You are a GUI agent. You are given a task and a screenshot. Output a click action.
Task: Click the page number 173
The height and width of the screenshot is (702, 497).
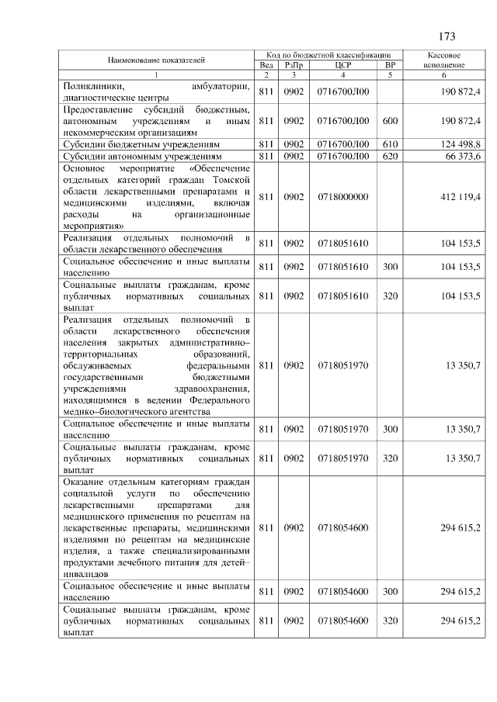[x=446, y=36]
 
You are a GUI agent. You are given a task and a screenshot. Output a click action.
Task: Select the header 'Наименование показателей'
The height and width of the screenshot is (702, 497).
[x=156, y=60]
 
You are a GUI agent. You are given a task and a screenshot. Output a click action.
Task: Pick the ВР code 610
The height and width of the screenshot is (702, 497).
[x=391, y=144]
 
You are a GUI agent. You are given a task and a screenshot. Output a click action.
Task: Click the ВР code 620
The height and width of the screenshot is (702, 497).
[x=391, y=157]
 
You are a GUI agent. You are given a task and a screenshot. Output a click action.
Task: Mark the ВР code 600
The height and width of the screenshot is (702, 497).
[x=391, y=121]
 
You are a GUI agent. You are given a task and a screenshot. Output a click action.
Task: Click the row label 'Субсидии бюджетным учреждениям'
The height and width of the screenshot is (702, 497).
[x=143, y=144]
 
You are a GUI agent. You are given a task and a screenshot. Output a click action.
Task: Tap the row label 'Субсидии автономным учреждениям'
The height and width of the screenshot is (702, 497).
[x=144, y=157]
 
